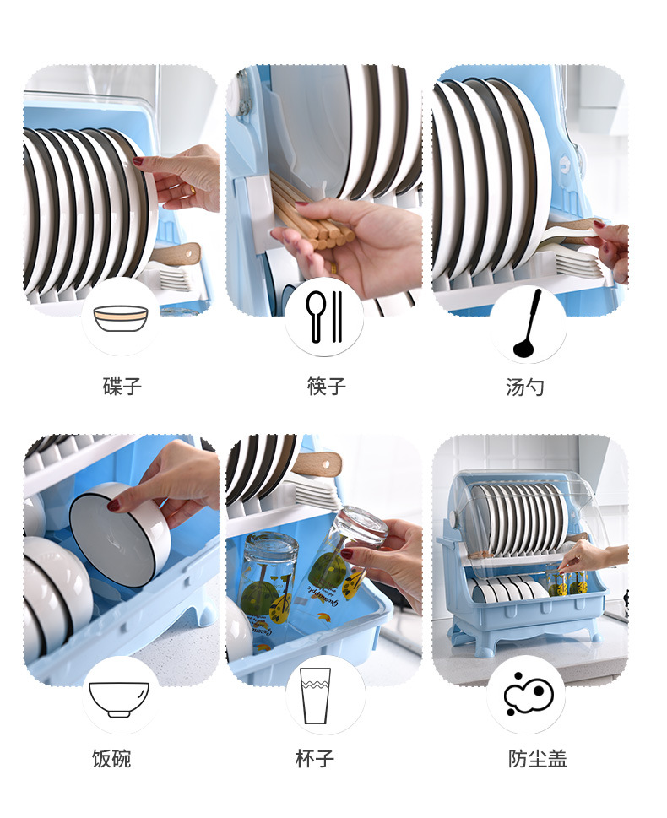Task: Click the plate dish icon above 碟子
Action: pyautogui.click(x=121, y=317)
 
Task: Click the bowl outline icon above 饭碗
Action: pyautogui.click(x=119, y=697)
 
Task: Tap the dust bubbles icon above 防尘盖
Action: pyautogui.click(x=527, y=695)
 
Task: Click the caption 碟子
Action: pyautogui.click(x=122, y=387)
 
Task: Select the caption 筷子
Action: pyautogui.click(x=327, y=387)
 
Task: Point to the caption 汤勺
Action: pyautogui.click(x=525, y=387)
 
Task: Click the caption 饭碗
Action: pyautogui.click(x=111, y=758)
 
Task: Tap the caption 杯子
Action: pyautogui.click(x=315, y=758)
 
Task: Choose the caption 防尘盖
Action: pyautogui.click(x=537, y=758)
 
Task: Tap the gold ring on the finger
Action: pyautogui.click(x=193, y=192)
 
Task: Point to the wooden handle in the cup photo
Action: pyautogui.click(x=318, y=463)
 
